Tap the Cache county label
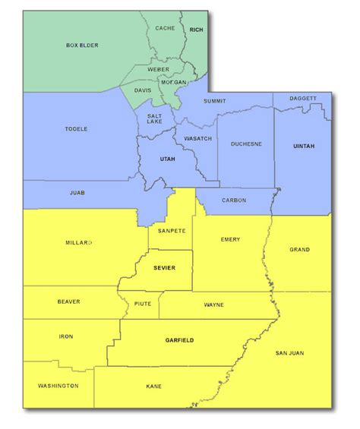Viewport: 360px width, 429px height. pyautogui.click(x=165, y=28)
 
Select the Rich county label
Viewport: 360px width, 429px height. pyautogui.click(x=197, y=30)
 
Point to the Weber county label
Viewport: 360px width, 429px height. pyautogui.click(x=159, y=69)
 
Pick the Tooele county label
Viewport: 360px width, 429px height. pyautogui.click(x=76, y=129)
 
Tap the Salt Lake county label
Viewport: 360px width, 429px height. pyautogui.click(x=154, y=119)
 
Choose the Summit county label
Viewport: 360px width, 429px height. pyautogui.click(x=216, y=101)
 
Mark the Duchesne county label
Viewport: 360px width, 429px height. pyautogui.click(x=246, y=143)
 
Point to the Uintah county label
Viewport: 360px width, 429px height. pyautogui.click(x=303, y=146)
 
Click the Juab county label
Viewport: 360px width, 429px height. pyautogui.click(x=77, y=193)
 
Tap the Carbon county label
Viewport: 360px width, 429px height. pyautogui.click(x=234, y=200)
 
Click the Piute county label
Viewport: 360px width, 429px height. pyautogui.click(x=143, y=304)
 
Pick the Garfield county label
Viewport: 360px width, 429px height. pyautogui.click(x=179, y=340)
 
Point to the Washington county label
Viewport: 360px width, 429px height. pyautogui.click(x=58, y=386)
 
